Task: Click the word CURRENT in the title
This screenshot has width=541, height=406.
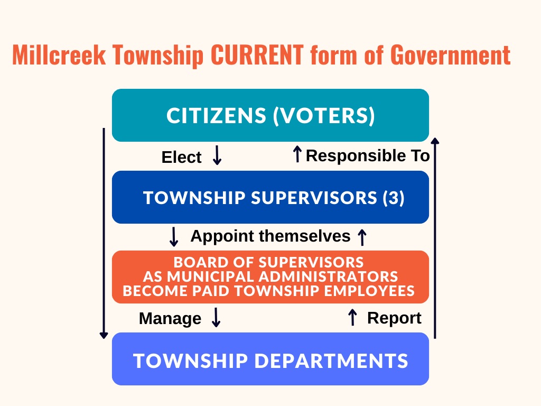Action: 257,54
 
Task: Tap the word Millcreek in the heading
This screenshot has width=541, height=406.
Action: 59,54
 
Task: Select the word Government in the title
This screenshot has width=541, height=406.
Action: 451,54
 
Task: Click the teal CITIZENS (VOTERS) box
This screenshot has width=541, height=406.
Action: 270,115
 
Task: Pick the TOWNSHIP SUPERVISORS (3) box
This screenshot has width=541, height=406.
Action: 270,197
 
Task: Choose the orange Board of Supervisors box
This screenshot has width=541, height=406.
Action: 270,277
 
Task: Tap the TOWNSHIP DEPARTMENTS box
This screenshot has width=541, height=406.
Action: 270,359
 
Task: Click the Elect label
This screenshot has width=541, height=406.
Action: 181,157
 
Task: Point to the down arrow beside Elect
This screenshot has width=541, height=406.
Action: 217,155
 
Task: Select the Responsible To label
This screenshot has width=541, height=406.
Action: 368,156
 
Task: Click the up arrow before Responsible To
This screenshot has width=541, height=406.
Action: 297,154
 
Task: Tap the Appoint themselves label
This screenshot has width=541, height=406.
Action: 270,236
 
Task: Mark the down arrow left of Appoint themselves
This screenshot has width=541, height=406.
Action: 174,236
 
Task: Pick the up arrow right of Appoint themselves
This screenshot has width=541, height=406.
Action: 362,237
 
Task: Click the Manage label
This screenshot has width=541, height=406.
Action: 170,318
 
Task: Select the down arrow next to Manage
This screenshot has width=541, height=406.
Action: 216,317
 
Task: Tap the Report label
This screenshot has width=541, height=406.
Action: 394,318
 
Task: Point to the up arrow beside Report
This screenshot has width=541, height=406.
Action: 352,317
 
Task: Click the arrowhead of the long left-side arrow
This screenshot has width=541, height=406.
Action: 104,335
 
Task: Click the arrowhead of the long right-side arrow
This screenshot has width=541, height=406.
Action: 435,141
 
